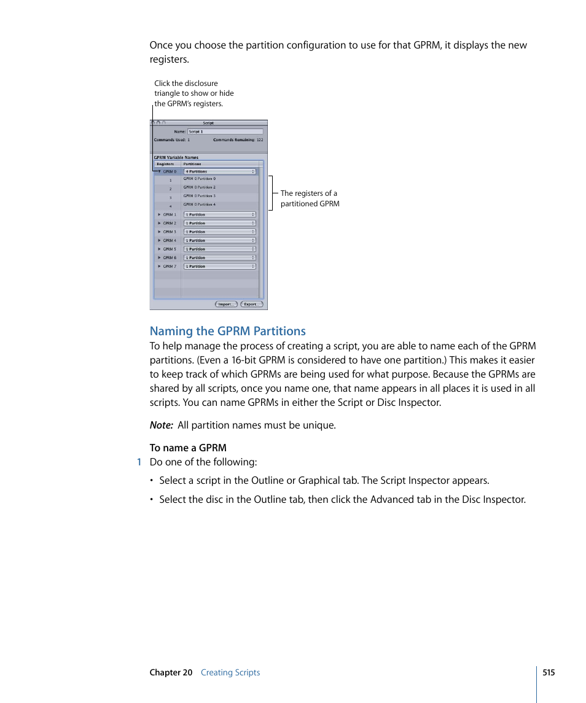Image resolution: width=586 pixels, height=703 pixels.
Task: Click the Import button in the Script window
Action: pos(227,304)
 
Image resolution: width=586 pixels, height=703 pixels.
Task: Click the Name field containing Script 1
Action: pos(225,131)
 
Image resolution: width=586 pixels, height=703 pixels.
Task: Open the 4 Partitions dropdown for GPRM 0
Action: pos(220,171)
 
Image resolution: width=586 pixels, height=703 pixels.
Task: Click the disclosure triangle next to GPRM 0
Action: pos(158,171)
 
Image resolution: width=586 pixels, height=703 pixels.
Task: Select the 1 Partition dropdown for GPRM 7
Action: pos(220,266)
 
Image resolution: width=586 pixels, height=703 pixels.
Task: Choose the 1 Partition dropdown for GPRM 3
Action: pos(220,232)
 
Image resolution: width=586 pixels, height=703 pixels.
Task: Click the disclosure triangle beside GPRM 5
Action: pos(158,249)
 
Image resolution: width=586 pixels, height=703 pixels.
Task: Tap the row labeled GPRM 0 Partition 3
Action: pos(200,196)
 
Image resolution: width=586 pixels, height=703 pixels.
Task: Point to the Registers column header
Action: pos(165,164)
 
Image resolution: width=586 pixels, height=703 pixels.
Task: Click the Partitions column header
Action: pos(192,164)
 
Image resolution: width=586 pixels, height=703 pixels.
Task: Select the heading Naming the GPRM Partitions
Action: pos(227,331)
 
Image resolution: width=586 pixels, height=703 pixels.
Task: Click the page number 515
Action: pos(549,672)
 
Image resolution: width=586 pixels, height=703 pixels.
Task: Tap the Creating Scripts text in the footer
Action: pos(230,672)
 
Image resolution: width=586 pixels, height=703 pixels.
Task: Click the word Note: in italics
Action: pos(161,425)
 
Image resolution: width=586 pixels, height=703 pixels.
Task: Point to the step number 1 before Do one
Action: pos(139,462)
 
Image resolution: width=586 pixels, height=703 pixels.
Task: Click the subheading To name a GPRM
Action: pos(188,448)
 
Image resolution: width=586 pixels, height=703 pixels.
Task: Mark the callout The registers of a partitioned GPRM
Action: pos(310,198)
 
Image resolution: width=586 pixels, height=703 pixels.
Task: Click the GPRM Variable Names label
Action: pos(176,157)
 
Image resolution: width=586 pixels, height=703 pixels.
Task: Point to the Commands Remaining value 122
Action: pos(260,140)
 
